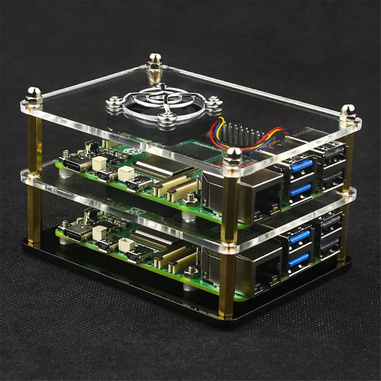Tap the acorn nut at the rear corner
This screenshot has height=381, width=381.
pyautogui.click(x=155, y=59)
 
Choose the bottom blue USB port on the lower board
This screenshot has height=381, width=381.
pyautogui.click(x=298, y=260)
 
